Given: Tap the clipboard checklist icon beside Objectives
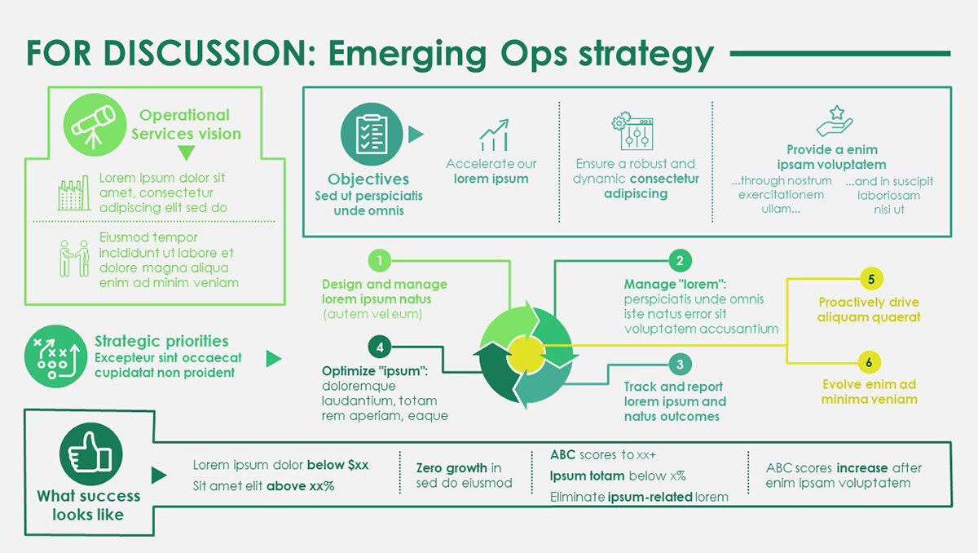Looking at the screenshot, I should [x=372, y=134].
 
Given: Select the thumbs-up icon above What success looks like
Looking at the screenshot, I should [x=91, y=453].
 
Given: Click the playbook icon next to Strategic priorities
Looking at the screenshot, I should [x=55, y=356].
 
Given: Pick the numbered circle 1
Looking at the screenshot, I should [x=380, y=261].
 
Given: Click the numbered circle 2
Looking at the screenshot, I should [x=680, y=261].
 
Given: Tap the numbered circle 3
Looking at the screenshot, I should [x=680, y=364].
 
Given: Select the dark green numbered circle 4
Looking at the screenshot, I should [x=380, y=347].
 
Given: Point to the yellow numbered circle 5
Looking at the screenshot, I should [x=871, y=279].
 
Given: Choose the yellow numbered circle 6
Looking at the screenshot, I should [x=871, y=362].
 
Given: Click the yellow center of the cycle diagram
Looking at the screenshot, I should [x=523, y=352].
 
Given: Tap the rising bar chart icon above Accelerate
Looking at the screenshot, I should [x=494, y=135].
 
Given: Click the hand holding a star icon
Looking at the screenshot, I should [x=835, y=122].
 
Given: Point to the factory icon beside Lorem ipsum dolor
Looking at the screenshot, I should [x=74, y=193].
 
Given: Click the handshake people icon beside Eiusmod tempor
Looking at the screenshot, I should [x=74, y=258].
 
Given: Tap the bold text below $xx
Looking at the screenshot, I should [x=337, y=465].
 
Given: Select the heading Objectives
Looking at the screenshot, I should [x=368, y=179].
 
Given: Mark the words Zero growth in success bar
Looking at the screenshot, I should [x=452, y=468].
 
